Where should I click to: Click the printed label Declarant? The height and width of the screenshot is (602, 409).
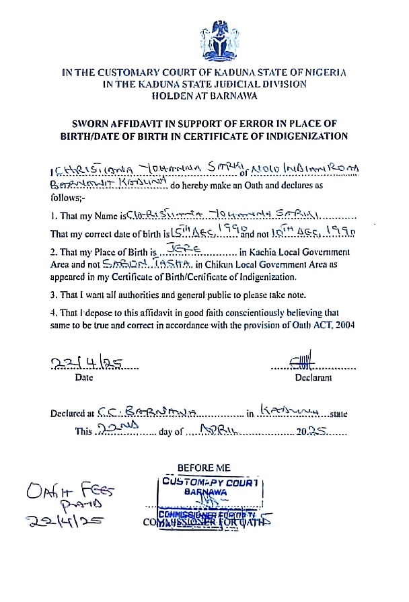[313, 378]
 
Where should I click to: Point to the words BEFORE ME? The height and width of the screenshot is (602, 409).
[204, 467]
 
